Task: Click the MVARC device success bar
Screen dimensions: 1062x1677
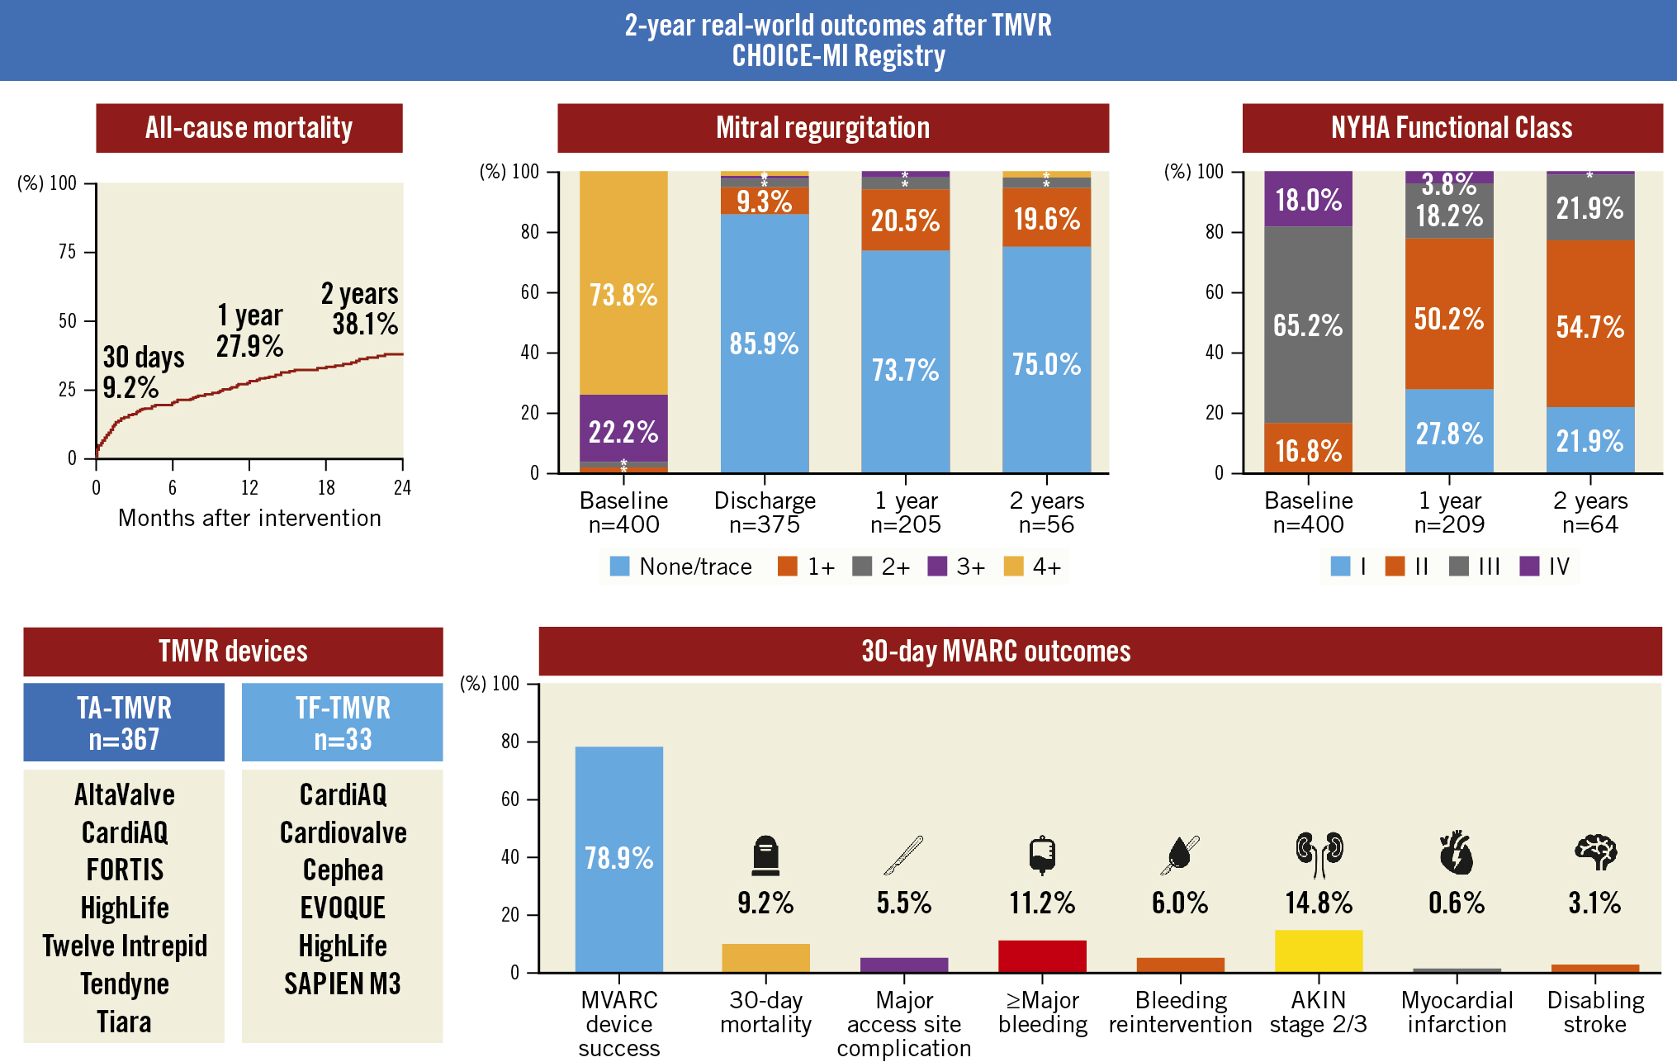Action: tap(618, 859)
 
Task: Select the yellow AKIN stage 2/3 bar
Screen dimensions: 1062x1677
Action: tap(1318, 951)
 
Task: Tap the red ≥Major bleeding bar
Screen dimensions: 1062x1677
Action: tap(1042, 955)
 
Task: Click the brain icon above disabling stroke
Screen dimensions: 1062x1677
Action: tap(1595, 852)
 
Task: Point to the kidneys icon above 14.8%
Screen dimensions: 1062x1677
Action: tap(1319, 854)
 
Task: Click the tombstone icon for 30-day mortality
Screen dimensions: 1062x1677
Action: tap(765, 856)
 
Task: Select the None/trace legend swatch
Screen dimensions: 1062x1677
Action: tap(619, 567)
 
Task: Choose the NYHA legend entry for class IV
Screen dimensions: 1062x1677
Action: tap(1544, 567)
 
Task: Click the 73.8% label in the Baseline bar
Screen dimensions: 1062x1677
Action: tap(623, 295)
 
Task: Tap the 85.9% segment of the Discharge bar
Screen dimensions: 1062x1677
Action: tap(765, 343)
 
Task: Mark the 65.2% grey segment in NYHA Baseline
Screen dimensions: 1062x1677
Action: tap(1308, 325)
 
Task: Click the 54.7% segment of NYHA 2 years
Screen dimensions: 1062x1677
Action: tap(1590, 326)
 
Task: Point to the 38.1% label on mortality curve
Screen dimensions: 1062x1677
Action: tap(365, 324)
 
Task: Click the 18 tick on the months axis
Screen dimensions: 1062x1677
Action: tap(326, 487)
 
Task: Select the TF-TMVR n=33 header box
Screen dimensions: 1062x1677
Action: tap(342, 723)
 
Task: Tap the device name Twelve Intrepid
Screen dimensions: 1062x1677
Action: tap(125, 946)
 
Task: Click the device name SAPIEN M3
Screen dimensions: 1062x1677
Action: tap(342, 984)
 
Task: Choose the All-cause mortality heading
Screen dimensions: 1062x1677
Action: tap(249, 128)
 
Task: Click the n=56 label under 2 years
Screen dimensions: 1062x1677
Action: tap(1046, 524)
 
